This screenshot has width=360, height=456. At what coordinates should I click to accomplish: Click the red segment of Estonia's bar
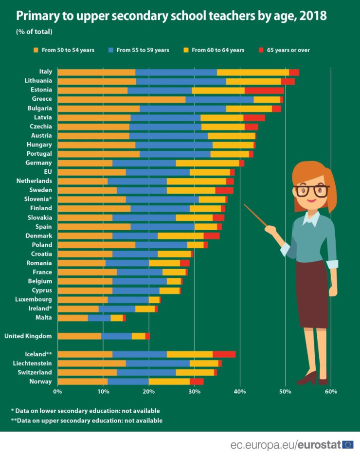point(264,91)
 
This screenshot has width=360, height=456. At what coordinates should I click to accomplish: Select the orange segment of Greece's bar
point(121,99)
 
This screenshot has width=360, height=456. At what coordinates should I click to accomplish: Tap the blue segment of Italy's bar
point(176,73)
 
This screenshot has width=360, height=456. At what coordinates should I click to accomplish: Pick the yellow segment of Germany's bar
point(207,163)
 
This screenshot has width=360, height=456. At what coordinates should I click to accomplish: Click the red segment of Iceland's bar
point(224,354)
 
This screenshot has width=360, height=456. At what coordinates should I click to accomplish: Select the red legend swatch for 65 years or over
point(261,50)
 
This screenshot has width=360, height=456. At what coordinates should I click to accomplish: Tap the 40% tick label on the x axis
point(239,391)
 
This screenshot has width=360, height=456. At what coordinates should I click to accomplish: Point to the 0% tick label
point(57,391)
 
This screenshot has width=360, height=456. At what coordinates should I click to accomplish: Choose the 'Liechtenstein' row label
point(32,364)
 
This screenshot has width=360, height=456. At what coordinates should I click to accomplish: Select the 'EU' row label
point(47,172)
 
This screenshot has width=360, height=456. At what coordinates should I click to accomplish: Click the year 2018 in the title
point(313,16)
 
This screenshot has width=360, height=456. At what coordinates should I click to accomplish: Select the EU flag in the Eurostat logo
point(347,444)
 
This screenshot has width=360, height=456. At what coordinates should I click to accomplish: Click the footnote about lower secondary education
point(85,411)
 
